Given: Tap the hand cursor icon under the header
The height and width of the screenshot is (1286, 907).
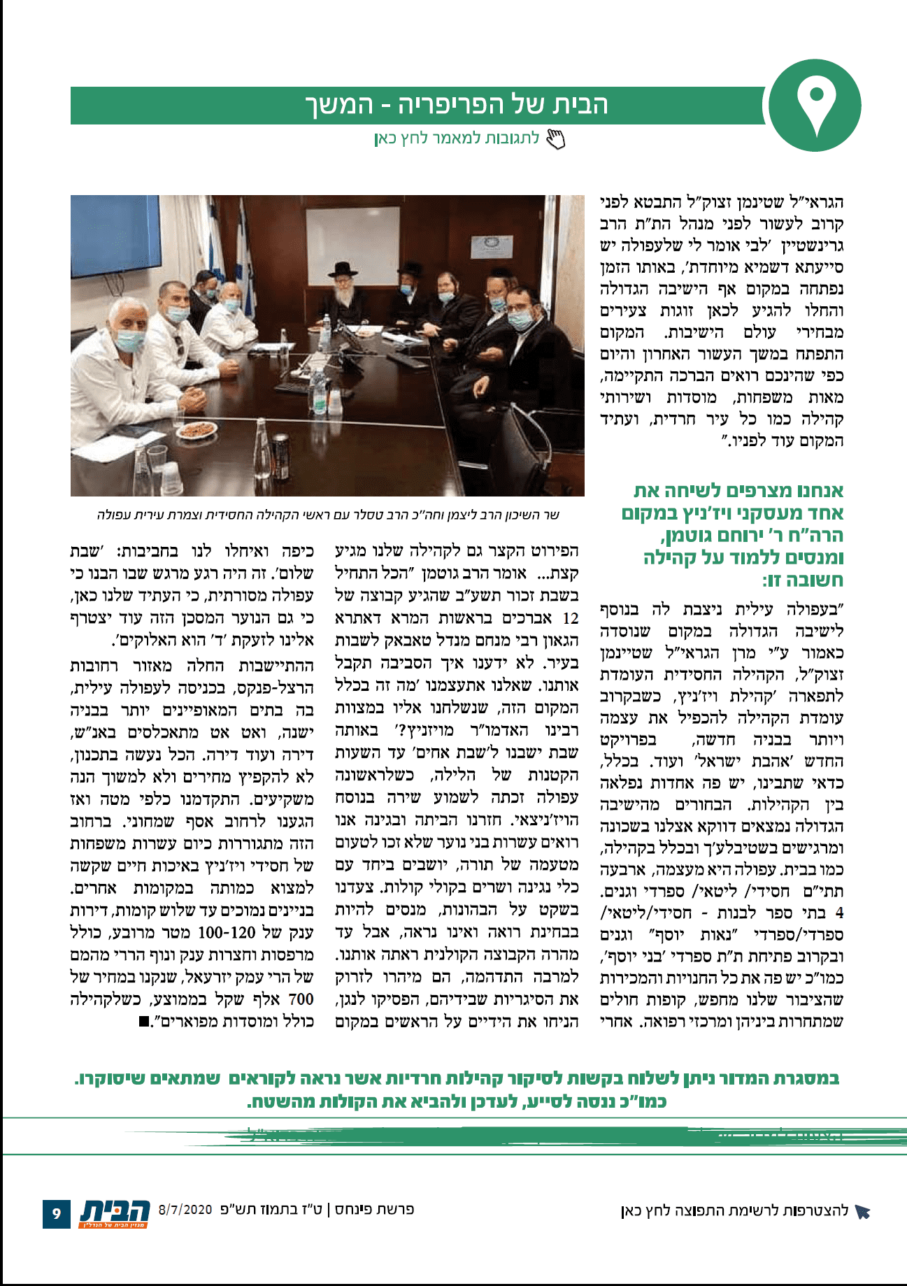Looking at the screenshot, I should [x=555, y=139].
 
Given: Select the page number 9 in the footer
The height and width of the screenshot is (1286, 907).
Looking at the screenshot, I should [x=57, y=1213].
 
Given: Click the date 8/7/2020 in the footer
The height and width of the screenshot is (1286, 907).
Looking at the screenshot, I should [x=185, y=1208].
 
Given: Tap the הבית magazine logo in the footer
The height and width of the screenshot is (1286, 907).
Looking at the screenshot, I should [x=115, y=1211].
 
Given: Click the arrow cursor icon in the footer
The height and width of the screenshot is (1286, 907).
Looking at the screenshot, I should [x=862, y=1211].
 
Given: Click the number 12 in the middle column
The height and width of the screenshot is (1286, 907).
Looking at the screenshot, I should [x=571, y=618].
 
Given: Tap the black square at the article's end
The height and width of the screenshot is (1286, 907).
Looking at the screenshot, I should [x=143, y=1022].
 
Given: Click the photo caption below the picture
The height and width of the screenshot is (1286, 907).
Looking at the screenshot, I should [x=328, y=515].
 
